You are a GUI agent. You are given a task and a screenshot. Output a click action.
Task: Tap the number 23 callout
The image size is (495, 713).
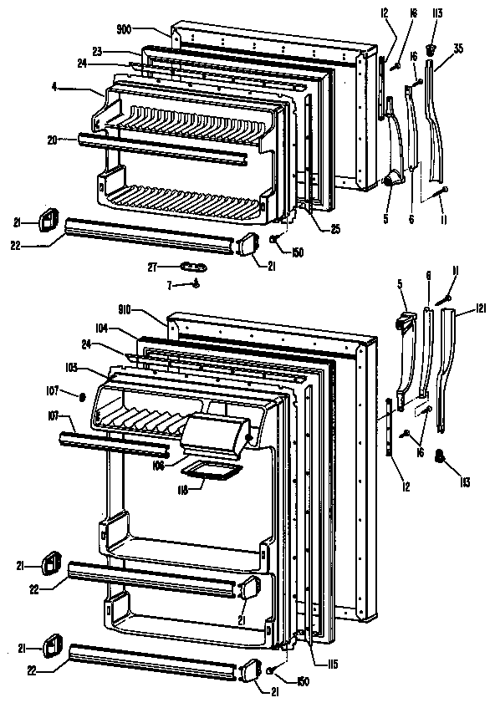coord(97,51)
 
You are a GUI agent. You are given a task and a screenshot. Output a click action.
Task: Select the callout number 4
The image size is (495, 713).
coord(54,87)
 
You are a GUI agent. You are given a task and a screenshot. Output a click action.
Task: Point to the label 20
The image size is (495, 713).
coord(52,140)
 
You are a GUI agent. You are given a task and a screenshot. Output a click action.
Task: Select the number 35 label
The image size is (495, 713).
coord(458,48)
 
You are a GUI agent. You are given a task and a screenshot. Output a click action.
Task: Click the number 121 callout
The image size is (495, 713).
coord(481,308)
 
